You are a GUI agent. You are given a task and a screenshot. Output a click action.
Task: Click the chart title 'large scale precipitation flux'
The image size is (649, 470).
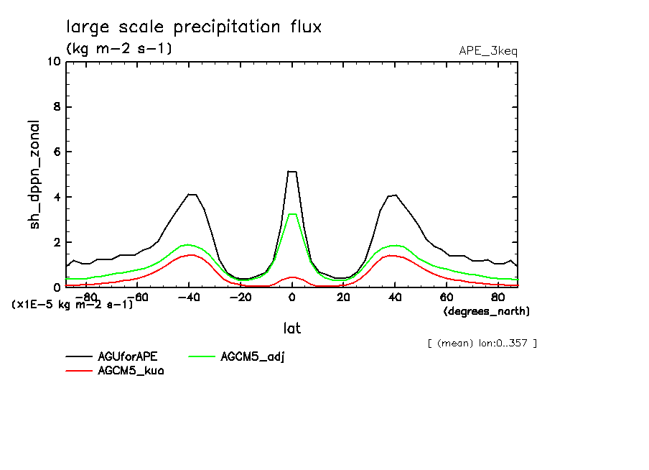[194, 27]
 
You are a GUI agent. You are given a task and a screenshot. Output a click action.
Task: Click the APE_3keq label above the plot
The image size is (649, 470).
[487, 50]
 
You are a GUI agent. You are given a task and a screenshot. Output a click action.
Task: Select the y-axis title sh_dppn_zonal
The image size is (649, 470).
[34, 174]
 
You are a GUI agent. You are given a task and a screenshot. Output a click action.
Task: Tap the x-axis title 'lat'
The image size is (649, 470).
[291, 328]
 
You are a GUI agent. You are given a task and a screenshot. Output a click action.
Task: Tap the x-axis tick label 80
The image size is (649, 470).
[497, 297]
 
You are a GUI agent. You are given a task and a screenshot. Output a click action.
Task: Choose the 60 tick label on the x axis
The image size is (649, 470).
[445, 297]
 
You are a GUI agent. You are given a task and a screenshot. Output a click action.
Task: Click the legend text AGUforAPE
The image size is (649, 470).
[127, 356]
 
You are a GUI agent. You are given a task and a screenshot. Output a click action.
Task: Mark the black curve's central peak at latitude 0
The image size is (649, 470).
[291, 171]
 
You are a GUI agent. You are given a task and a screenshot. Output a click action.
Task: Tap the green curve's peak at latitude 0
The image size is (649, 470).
[291, 214]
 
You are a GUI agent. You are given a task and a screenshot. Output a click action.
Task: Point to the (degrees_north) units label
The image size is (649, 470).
[486, 311]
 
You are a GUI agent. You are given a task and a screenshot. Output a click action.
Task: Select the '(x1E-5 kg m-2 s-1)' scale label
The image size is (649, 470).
[73, 305]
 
